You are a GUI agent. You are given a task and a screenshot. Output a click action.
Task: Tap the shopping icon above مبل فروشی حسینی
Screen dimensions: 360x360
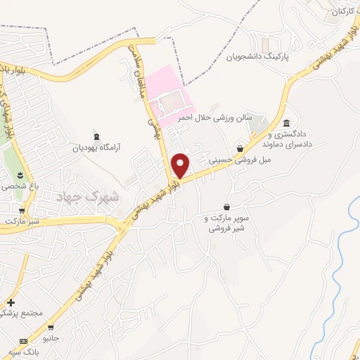(241, 148)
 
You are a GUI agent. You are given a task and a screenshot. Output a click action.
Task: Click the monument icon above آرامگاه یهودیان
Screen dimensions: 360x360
(96, 136)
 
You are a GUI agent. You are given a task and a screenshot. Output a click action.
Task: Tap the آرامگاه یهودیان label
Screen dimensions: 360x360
(98, 148)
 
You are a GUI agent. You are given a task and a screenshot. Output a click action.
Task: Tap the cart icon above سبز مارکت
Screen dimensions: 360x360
(22, 210)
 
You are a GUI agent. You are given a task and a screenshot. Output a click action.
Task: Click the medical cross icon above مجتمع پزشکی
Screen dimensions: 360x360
(11, 302)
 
